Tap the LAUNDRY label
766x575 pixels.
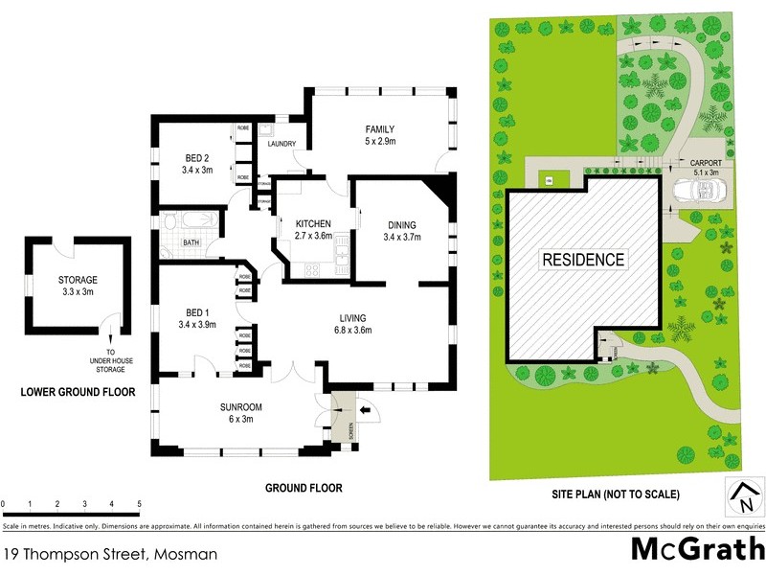[282, 145]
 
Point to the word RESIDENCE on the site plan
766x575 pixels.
[583, 259]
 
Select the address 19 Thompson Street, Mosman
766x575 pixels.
[110, 554]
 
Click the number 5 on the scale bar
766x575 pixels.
[139, 503]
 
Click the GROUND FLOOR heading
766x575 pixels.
[303, 488]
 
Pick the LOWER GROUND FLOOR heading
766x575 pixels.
[78, 392]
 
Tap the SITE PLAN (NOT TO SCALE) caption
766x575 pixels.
[615, 494]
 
